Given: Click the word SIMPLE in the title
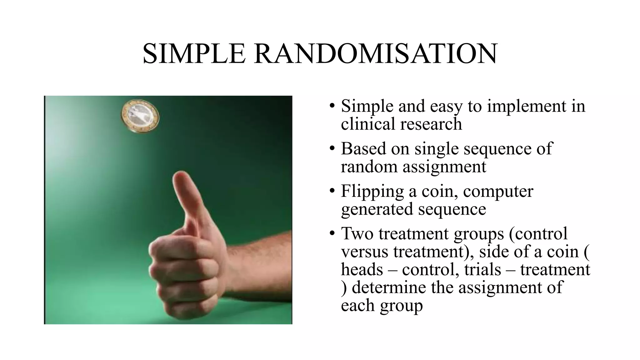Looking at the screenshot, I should tap(194, 54).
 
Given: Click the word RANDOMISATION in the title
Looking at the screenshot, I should tap(375, 54).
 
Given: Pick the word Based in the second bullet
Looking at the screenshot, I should tap(363, 148).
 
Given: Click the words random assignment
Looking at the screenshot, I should tap(413, 166).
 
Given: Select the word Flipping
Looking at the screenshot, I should tap(372, 191).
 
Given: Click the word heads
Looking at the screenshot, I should tap(362, 269).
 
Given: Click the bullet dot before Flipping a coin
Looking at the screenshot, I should tap(332, 191).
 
